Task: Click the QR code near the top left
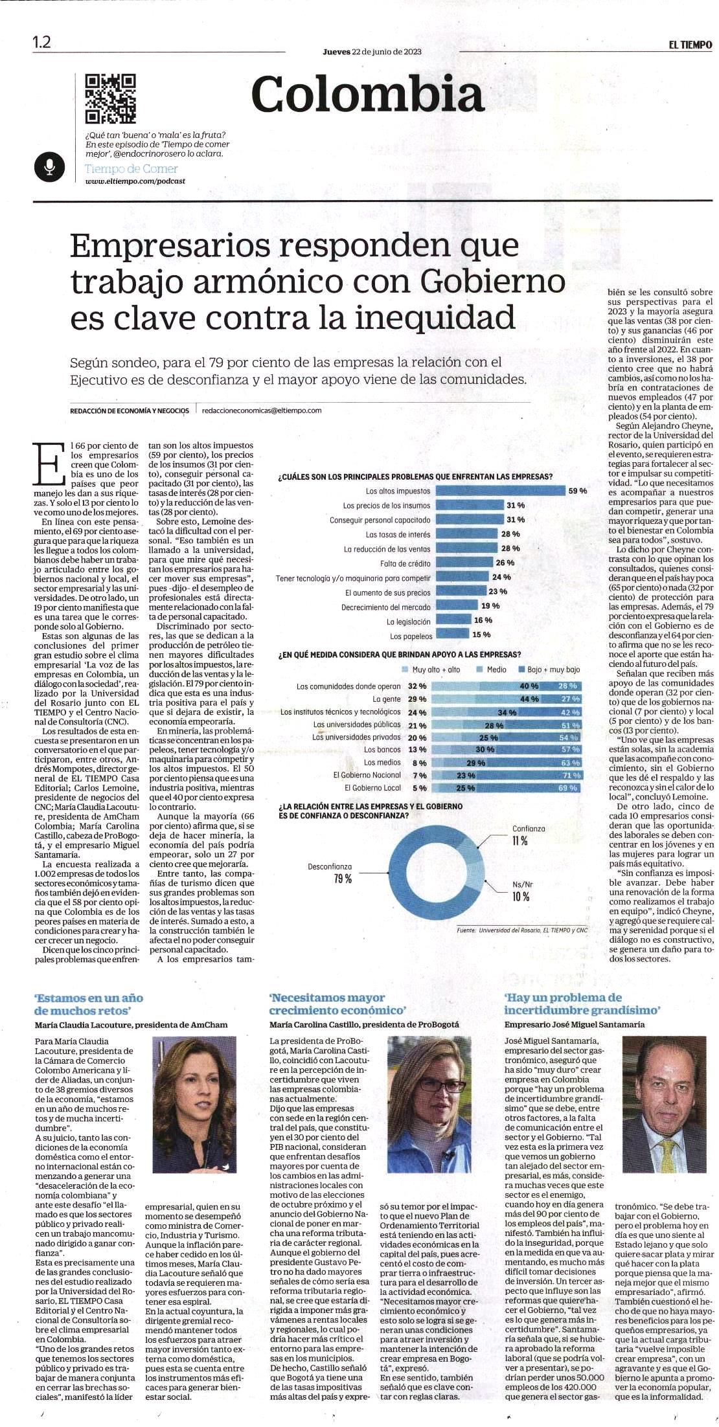[111, 98]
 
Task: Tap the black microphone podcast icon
[49, 168]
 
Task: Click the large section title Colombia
[367, 95]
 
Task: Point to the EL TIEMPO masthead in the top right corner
[690, 45]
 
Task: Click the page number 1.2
[41, 43]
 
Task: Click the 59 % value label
[578, 491]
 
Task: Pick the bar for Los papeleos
[452, 635]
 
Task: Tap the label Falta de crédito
[405, 563]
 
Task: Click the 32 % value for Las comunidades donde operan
[417, 686]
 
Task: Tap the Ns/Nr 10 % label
[521, 890]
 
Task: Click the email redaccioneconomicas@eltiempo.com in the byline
[262, 410]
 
